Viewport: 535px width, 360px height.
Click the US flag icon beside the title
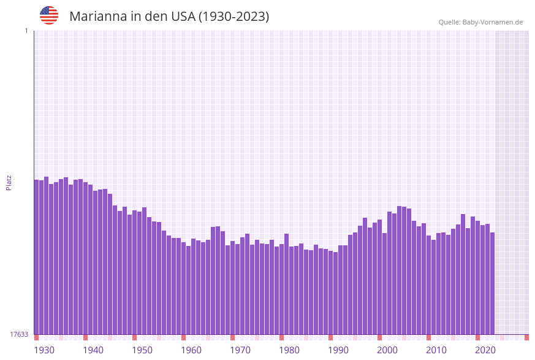coord(49,15)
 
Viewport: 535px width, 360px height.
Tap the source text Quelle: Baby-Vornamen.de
coord(480,22)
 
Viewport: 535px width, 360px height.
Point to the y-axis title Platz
coord(9,182)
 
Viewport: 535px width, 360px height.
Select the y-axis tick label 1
coord(26,31)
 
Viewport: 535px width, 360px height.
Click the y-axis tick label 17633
coord(19,334)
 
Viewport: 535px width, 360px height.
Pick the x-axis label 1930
coord(44,350)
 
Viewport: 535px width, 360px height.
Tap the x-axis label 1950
coord(142,350)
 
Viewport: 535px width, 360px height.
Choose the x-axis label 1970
coord(240,350)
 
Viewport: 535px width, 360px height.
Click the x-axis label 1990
coord(338,350)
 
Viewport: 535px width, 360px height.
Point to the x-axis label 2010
coord(436,350)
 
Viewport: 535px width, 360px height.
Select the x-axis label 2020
coord(485,350)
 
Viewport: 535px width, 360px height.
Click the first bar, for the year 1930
coord(36,258)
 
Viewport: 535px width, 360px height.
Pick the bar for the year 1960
coord(183,288)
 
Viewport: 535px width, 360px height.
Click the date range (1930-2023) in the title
coord(233,17)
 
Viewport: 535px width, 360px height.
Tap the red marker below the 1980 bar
coord(281,337)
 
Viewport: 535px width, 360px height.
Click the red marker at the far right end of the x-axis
coord(526,337)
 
